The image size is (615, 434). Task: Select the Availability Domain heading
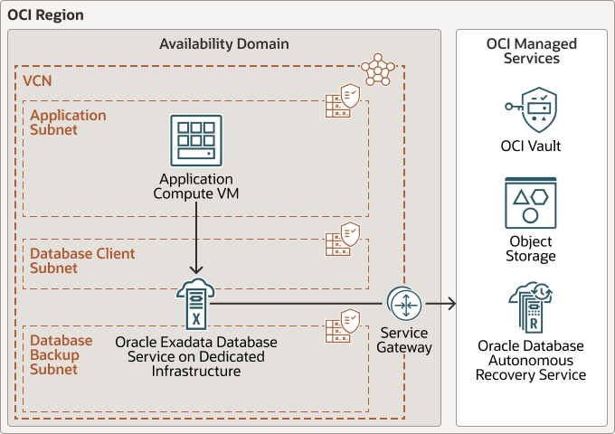click(x=224, y=43)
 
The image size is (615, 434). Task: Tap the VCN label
click(x=37, y=81)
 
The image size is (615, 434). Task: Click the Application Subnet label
click(x=68, y=123)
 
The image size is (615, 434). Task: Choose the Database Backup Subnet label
click(x=61, y=354)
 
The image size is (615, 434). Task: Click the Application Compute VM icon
click(x=196, y=140)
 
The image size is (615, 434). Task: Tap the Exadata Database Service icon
click(x=196, y=305)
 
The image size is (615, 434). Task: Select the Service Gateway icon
click(x=403, y=305)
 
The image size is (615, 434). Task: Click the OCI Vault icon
click(x=530, y=109)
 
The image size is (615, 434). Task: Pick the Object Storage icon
click(x=530, y=203)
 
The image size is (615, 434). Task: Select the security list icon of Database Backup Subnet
click(x=344, y=325)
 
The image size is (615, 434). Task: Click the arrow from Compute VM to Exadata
click(x=196, y=241)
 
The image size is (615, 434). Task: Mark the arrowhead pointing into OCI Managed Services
click(x=449, y=305)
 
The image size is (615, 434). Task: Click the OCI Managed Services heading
click(x=531, y=51)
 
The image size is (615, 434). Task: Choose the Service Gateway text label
click(x=404, y=340)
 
